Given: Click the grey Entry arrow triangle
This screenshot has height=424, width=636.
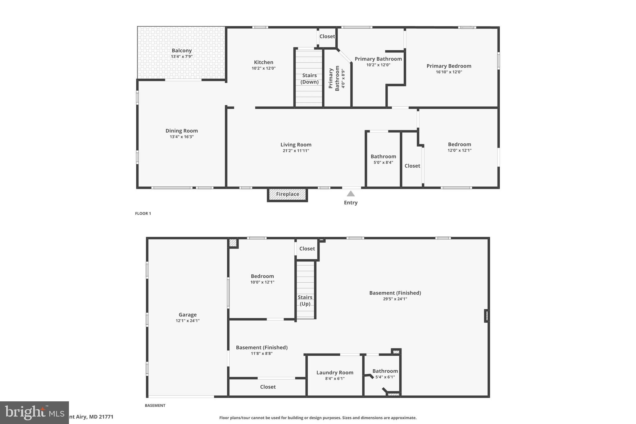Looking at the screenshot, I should pos(351,194).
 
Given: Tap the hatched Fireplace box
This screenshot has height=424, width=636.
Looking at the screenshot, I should pos(288,194).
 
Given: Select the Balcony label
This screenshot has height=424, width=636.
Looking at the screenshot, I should pos(182,51).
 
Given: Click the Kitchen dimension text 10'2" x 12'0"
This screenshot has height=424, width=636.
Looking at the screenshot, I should pos(264,68).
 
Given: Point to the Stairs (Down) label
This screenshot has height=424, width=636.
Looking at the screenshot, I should pos(309,79).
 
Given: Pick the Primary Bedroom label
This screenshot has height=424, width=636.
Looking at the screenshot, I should pos(449,66).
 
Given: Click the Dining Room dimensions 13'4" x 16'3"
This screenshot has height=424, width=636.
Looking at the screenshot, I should pos(182,137).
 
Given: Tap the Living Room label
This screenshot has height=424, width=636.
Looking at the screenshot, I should pos(296,145).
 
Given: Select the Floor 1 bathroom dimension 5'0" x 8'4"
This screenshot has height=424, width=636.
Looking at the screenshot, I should pos(383,162).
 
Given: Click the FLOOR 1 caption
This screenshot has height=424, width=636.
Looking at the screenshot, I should pos(143,213).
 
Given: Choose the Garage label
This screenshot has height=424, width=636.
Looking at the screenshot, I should pos(188,315).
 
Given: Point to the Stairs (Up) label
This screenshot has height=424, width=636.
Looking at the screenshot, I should pos(305,301).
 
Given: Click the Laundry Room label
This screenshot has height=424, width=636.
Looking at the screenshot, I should pos(335,372).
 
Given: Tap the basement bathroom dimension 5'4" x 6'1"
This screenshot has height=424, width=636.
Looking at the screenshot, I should pos(385,377).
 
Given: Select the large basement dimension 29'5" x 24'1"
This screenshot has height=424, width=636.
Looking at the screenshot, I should pos(395,299).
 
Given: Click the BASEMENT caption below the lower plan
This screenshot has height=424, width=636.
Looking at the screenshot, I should pos(155,405).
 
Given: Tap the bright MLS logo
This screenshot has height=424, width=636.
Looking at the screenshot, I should pos(34,413).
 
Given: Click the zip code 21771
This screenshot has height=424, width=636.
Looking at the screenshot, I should pos(106,417).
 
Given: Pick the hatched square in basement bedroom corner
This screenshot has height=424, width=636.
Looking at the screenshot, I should pos(233,243).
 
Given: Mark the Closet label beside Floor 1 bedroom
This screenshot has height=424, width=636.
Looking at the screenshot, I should pos(412,166).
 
